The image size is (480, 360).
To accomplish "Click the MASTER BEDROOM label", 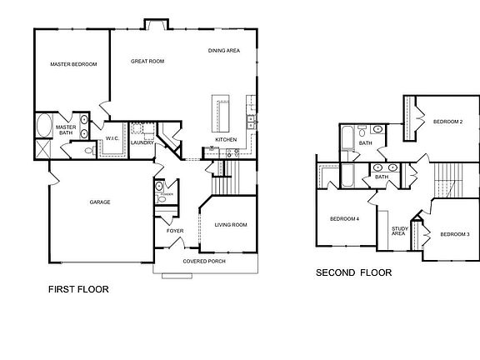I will (x=73, y=64).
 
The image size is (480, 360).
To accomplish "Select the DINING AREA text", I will (x=224, y=51).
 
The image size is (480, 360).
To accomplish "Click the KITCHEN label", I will (x=226, y=139).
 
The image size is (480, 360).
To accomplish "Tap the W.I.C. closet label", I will (x=113, y=138).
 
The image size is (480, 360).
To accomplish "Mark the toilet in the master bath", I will (x=88, y=151).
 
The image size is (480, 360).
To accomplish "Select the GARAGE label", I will (x=100, y=202).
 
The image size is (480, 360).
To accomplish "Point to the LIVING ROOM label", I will (x=231, y=224).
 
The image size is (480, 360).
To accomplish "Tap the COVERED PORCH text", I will (x=203, y=261).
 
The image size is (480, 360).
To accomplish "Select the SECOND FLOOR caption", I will (x=353, y=272).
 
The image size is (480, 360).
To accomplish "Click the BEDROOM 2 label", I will (x=447, y=122).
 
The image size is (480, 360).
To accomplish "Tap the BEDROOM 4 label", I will (x=344, y=219).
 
